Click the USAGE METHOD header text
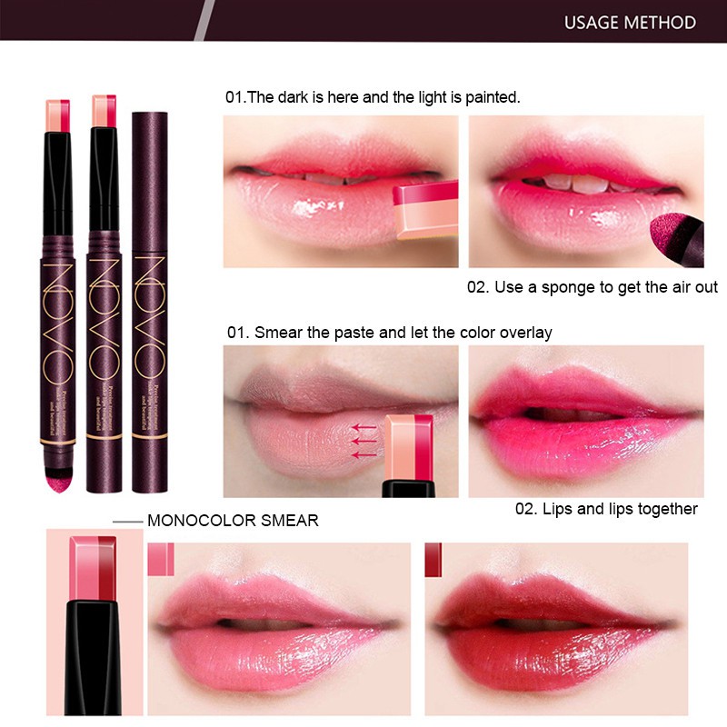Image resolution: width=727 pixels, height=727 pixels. pyautogui.click(x=630, y=22)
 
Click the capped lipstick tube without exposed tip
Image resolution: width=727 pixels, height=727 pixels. pyautogui.click(x=152, y=300)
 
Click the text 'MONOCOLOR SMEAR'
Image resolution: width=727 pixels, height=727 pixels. pyautogui.click(x=233, y=521)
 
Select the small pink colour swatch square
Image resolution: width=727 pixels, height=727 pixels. pyautogui.click(x=160, y=559)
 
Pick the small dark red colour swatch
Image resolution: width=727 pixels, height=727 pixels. pyautogui.click(x=433, y=559)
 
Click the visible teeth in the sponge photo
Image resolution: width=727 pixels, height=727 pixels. pyautogui.click(x=582, y=183)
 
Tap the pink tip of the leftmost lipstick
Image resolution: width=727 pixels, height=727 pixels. pyautogui.click(x=53, y=114)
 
